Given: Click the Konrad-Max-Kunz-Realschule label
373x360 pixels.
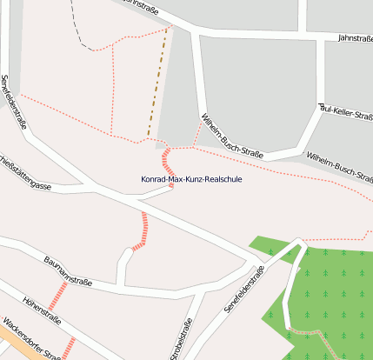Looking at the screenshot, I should click(x=191, y=180).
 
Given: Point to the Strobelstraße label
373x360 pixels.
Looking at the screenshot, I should click(x=183, y=339).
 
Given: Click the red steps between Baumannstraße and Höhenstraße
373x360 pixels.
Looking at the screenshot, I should click(x=58, y=295).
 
